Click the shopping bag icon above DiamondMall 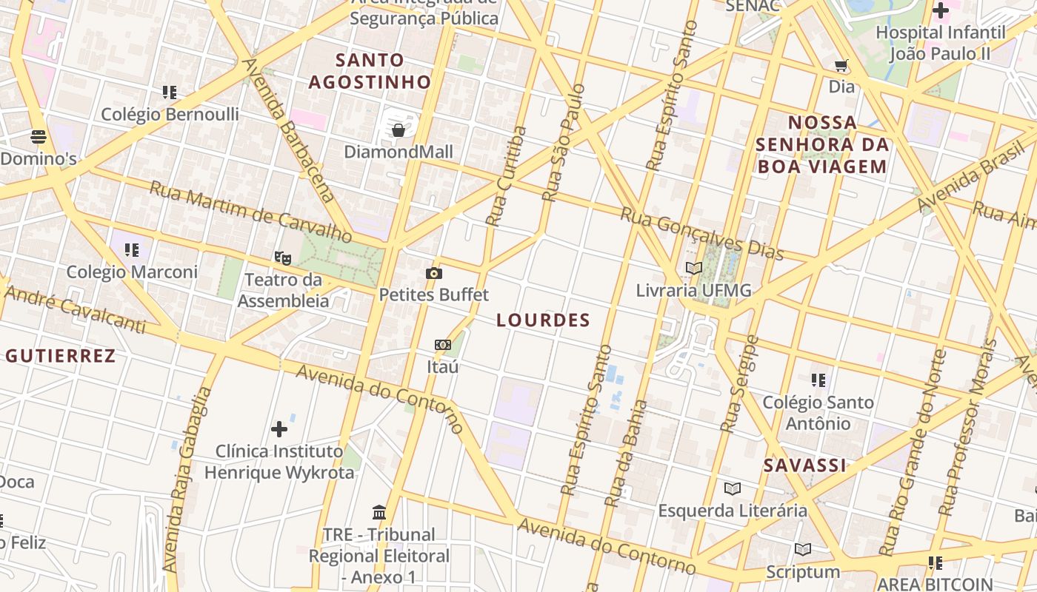399,131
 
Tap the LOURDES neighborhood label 543,320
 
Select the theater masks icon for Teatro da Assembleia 282,258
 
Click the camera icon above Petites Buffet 434,274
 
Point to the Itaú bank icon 442,345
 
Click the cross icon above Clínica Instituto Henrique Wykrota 279,429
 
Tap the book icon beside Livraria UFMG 693,269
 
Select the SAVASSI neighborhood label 804,465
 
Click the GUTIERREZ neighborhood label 61,356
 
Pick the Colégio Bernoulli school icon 170,92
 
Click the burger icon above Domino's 39,136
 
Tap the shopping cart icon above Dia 841,66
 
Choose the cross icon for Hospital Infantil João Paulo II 941,11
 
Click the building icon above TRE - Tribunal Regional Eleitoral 379,512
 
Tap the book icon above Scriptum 803,549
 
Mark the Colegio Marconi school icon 132,250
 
